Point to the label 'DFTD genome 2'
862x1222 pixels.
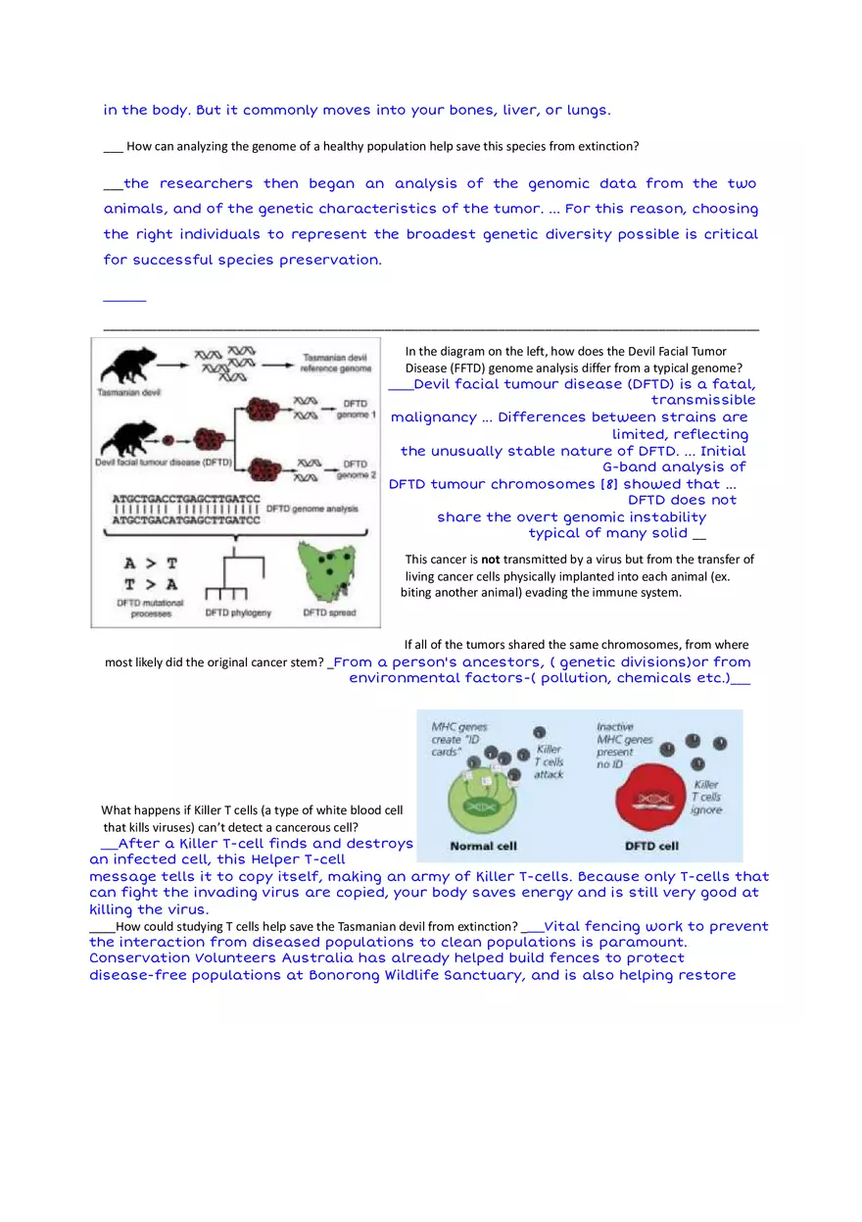pos(356,468)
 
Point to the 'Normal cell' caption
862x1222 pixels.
pos(484,846)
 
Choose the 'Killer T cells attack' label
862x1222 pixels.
pos(549,761)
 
